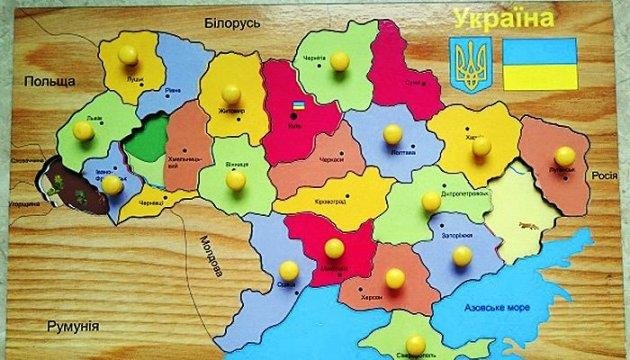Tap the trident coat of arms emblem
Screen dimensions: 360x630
click(469, 66)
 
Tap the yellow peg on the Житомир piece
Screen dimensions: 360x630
click(231, 93)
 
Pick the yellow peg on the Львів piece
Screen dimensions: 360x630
click(84, 130)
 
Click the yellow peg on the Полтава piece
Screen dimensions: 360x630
click(393, 133)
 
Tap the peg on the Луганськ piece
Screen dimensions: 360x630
click(566, 157)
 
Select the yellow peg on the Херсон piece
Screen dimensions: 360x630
click(395, 277)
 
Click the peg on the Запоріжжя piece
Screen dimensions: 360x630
click(461, 256)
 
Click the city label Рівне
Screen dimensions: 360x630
click(172, 89)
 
